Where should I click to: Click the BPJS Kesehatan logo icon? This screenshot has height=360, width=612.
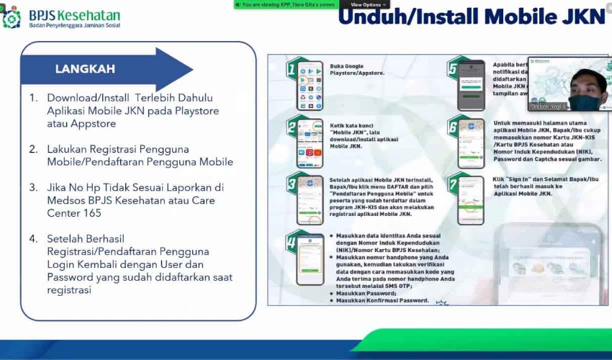(x=12, y=17)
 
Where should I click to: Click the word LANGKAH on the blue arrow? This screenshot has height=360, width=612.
(x=85, y=69)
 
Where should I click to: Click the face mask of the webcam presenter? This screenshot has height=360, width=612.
(x=585, y=102)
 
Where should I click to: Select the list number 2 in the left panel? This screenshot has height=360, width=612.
(x=33, y=149)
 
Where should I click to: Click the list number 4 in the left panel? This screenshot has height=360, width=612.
(x=33, y=238)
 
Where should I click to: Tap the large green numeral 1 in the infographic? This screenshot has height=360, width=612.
(x=292, y=71)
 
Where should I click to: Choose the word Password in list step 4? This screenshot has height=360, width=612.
(x=71, y=277)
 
